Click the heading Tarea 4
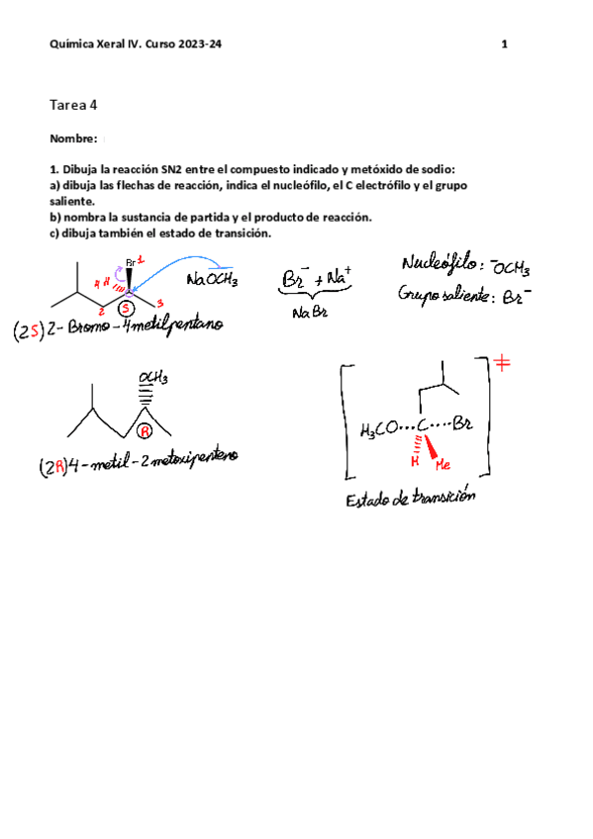click(73, 105)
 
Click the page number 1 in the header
click(505, 45)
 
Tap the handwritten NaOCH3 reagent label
click(211, 281)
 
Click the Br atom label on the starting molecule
click(130, 263)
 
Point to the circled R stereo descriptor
click(145, 431)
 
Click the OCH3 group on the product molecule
click(152, 377)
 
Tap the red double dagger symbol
click(503, 364)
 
